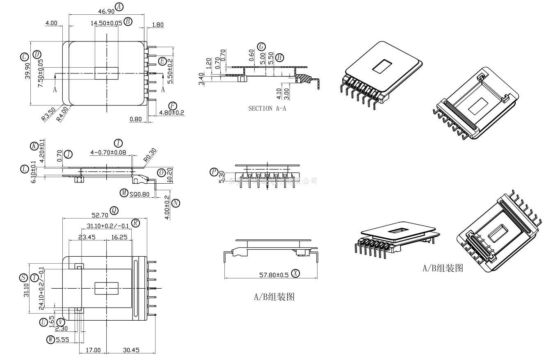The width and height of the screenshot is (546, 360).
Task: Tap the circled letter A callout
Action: coord(119,7)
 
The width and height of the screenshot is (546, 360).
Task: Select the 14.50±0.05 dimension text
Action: coord(106,23)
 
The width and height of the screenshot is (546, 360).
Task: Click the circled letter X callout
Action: coord(295,273)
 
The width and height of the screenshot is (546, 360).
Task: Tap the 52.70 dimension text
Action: coord(99,214)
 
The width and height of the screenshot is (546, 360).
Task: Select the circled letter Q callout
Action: coord(114,211)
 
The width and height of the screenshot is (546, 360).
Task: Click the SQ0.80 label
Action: coord(139,194)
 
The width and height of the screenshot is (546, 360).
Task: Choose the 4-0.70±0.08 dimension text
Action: coord(108,153)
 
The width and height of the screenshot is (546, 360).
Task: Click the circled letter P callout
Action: coord(214,172)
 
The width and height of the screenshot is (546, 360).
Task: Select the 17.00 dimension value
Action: coord(93,350)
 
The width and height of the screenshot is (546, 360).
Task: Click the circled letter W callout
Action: coord(51,339)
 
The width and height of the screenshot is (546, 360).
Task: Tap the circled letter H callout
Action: coord(280,57)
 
